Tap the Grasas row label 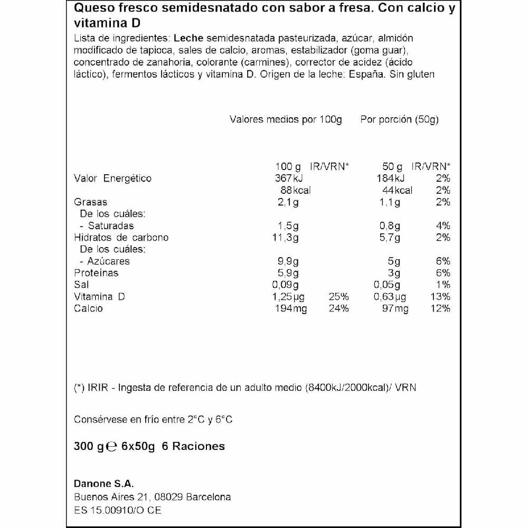coord(91,202)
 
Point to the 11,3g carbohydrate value coord(286,238)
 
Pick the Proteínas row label coord(96,273)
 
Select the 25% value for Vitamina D coord(338,297)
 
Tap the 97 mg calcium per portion coord(395,309)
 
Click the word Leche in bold coord(189,39)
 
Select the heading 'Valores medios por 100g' coord(286,119)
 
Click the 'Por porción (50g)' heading coord(400,119)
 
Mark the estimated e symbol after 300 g coord(111,447)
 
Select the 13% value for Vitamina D coord(440,297)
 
